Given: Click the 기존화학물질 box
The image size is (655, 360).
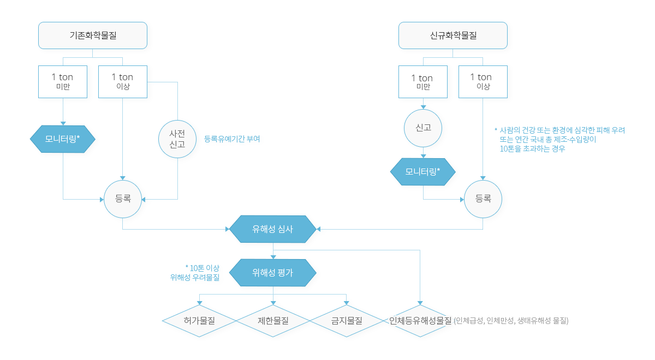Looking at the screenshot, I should click(93, 35).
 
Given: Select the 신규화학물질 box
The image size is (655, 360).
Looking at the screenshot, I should click(453, 35).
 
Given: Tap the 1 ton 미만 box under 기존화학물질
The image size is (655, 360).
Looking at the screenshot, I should click(63, 81).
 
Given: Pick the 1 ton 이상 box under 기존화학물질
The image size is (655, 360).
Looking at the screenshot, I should click(122, 81).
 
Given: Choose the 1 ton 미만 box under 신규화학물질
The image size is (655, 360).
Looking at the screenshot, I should click(423, 82).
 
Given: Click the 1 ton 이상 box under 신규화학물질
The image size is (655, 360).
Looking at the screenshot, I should click(483, 82).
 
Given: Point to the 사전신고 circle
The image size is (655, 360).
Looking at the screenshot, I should click(177, 139).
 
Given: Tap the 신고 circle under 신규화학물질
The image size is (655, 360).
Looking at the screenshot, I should click(423, 128).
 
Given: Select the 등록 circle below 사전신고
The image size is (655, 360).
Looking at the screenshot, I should click(123, 199).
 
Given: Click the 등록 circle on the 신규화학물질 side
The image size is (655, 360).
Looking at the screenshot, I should click(483, 199).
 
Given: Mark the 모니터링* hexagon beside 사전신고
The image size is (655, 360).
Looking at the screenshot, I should click(63, 139).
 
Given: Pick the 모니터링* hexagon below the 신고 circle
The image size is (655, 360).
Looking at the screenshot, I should click(423, 172).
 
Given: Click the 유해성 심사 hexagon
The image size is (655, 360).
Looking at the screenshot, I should click(273, 229).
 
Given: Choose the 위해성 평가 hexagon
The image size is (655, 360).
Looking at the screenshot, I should click(273, 273).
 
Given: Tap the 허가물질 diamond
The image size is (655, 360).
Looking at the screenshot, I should click(199, 321).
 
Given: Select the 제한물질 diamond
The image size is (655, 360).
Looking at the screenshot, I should click(273, 321).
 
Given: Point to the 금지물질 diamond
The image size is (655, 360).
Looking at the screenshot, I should click(347, 321).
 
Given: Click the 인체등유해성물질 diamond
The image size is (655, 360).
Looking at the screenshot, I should click(420, 321).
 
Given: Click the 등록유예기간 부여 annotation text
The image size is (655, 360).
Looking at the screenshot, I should click(232, 139).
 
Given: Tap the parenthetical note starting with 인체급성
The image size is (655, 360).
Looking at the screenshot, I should click(511, 321).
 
